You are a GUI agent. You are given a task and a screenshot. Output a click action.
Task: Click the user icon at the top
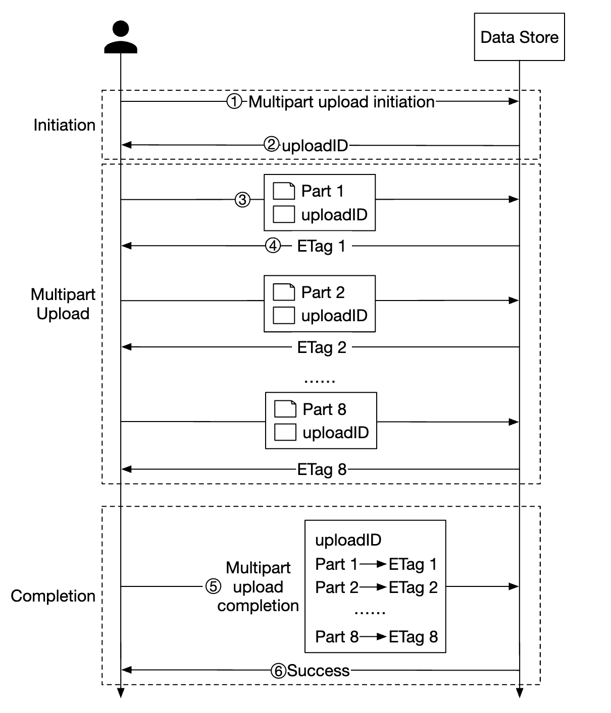(x=121, y=37)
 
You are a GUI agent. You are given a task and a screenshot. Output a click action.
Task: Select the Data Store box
(x=519, y=37)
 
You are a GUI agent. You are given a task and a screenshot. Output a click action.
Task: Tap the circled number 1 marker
(x=234, y=102)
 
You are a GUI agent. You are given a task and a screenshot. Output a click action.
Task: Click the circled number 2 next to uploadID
(x=272, y=145)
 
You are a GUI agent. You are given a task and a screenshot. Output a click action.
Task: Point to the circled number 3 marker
(x=243, y=200)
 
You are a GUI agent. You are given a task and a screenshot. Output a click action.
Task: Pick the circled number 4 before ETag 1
(x=273, y=246)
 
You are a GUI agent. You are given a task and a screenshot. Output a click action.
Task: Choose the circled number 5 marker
(x=213, y=586)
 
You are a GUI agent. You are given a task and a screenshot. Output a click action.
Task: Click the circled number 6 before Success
(x=279, y=671)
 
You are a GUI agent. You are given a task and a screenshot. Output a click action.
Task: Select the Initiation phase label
(x=64, y=125)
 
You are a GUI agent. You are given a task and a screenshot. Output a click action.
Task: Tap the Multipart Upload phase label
(x=63, y=304)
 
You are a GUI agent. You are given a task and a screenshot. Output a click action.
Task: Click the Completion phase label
(x=53, y=596)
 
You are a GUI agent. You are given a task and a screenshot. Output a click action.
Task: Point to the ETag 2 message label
(x=322, y=347)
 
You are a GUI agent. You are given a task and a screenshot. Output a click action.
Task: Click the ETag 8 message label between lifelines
(x=322, y=469)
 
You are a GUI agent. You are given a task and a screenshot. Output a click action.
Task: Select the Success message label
(x=318, y=671)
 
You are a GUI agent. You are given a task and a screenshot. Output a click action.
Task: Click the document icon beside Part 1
(x=284, y=191)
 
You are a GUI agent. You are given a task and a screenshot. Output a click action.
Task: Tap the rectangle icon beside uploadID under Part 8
(x=285, y=432)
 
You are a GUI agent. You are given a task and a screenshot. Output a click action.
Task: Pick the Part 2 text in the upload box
(x=323, y=292)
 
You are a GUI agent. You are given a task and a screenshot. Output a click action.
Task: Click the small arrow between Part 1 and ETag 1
(x=373, y=564)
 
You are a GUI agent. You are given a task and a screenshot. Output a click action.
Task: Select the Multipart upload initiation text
(x=341, y=102)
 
